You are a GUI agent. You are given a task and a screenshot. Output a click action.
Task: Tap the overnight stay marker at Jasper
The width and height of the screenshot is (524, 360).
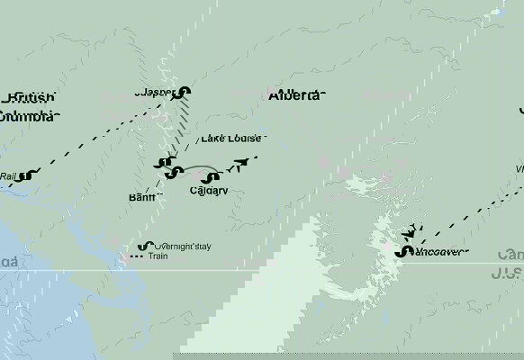coord(184,91)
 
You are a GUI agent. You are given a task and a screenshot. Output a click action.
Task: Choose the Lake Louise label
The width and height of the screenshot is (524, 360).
coord(231,139)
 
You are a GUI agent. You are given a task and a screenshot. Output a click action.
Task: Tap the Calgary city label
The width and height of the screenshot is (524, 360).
coord(209,191)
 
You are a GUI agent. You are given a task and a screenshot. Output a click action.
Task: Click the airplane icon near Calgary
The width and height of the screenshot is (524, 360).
coord(239,164)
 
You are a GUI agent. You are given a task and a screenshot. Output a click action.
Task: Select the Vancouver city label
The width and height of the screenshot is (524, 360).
coord(441,252)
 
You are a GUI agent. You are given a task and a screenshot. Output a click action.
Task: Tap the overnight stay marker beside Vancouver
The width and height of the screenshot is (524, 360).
coord(401,251)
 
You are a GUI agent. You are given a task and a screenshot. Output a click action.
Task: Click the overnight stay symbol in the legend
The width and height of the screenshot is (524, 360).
coord(143,246)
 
